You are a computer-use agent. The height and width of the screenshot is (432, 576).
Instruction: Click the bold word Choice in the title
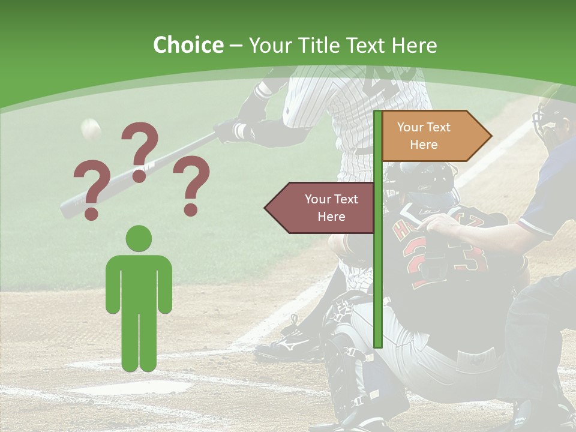[x=188, y=46]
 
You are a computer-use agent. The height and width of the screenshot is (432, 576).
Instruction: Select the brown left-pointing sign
[x=321, y=208]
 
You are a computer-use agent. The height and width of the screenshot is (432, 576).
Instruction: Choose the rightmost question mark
[x=191, y=185]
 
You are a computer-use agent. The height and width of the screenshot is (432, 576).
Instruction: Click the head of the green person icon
[x=139, y=238]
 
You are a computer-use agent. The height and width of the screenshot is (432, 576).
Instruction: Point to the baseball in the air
[x=91, y=128]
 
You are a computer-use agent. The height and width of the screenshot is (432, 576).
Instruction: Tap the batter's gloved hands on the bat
[x=234, y=130]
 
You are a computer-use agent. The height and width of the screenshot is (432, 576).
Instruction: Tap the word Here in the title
[x=413, y=46]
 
